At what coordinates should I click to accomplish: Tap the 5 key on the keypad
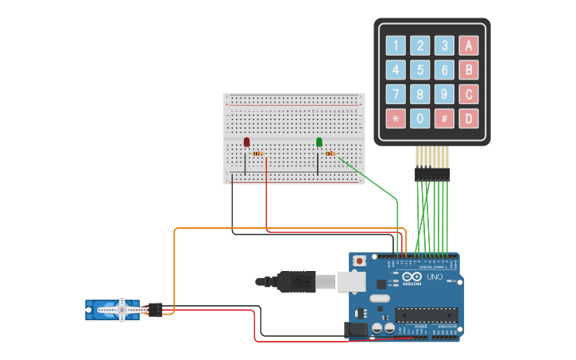[x=419, y=70]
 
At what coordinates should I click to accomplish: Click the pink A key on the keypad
[x=470, y=45]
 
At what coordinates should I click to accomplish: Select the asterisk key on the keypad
[x=395, y=119]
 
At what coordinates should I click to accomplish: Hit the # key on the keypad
[x=445, y=119]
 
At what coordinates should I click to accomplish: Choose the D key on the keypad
[x=470, y=119]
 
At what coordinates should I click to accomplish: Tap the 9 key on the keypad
[x=445, y=95]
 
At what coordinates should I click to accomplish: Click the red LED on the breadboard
[x=246, y=142]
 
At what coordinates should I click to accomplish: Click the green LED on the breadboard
[x=319, y=142]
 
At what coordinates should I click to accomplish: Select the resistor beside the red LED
[x=257, y=153]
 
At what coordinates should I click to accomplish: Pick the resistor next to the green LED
[x=331, y=153]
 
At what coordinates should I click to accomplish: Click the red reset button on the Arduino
[x=360, y=260]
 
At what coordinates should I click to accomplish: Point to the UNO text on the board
[x=435, y=277]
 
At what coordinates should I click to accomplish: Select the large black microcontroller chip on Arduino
[x=427, y=315]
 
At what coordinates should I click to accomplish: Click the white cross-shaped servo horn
[x=122, y=310]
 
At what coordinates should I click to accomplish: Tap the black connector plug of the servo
[x=155, y=310]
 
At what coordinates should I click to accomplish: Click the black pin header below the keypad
[x=432, y=174]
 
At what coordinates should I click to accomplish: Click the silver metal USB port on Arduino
[x=350, y=281]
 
